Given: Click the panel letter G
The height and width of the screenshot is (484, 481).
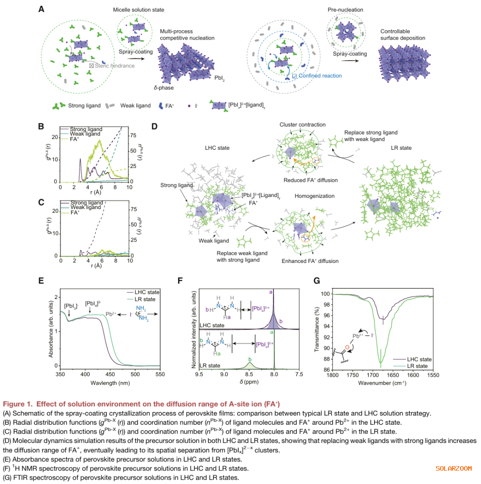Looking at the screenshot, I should click(317, 281).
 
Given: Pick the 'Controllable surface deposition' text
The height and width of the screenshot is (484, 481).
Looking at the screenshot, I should click(403, 35).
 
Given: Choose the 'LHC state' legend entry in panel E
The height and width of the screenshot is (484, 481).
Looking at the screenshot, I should click(147, 292).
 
